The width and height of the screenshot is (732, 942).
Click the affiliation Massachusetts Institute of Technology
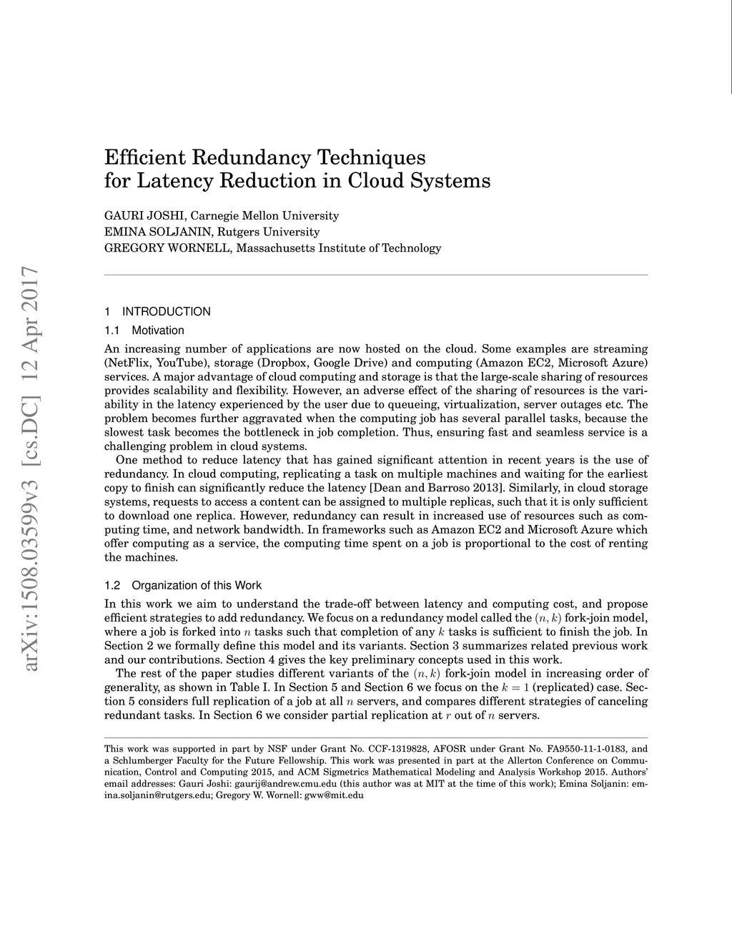(x=338, y=248)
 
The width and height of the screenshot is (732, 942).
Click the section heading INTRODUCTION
(x=166, y=312)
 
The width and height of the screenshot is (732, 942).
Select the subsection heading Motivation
(x=157, y=330)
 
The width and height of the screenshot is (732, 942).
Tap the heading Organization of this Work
(x=197, y=585)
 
